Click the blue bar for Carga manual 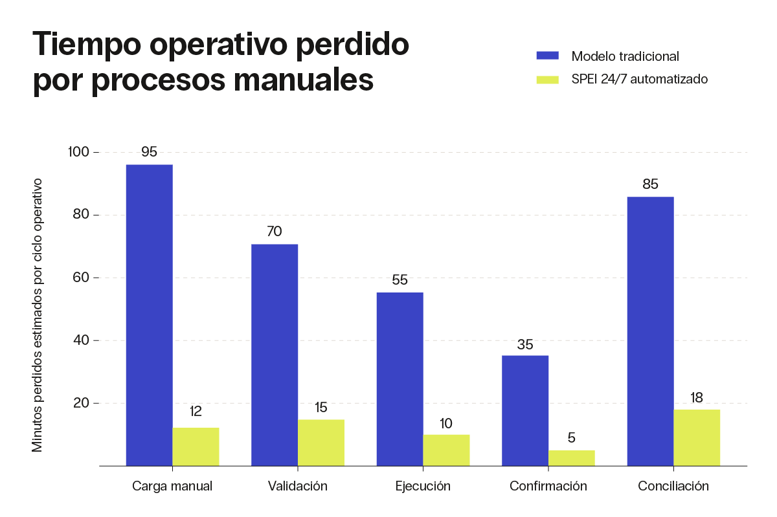tap(149, 315)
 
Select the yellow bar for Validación tap(321, 443)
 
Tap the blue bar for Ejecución tap(400, 379)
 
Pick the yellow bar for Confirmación tap(572, 458)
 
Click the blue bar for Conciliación tap(650, 331)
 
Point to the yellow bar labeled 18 tap(697, 437)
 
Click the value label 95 tap(149, 152)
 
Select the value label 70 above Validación tap(275, 232)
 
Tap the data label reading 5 tap(572, 437)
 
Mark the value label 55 tap(400, 280)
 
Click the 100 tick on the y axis tap(78, 152)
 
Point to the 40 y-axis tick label tap(81, 340)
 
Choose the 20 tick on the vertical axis tap(81, 403)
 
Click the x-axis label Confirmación tap(548, 486)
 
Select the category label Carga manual tap(172, 486)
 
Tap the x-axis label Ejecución tap(423, 486)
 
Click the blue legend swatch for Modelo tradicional tap(547, 56)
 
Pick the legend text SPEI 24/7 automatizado tap(639, 79)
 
